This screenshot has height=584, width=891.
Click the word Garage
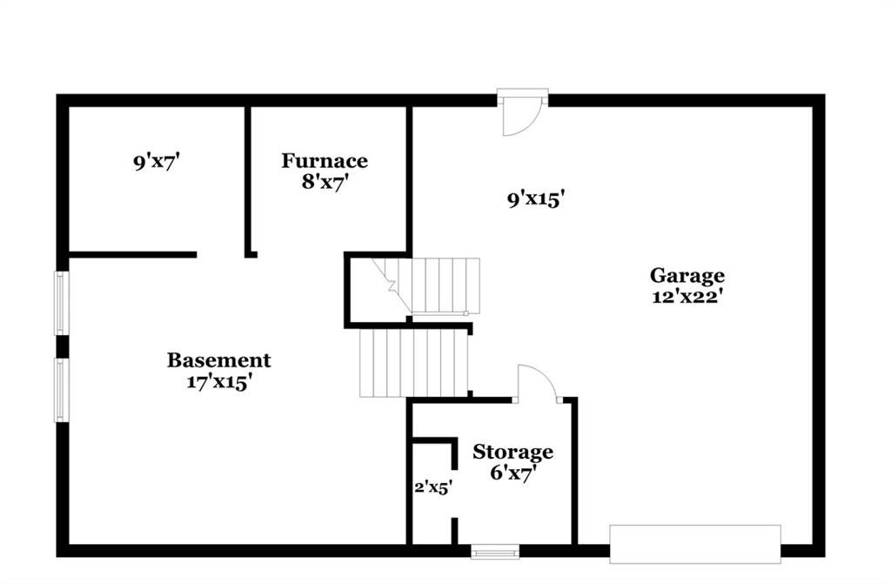(687, 276)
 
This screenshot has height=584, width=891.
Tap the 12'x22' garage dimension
(687, 297)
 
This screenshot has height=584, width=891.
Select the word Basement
(218, 360)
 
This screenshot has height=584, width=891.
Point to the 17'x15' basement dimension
(219, 381)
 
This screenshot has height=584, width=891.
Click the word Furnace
(325, 161)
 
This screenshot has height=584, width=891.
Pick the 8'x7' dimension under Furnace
(325, 183)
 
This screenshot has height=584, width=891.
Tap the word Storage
(512, 452)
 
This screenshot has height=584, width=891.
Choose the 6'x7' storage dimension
(513, 473)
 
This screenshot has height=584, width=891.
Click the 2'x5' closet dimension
(433, 487)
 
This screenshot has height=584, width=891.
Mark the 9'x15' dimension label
(535, 199)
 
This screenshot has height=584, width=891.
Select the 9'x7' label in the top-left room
(157, 164)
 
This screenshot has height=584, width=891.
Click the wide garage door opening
(695, 544)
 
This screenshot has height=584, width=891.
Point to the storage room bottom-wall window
(495, 552)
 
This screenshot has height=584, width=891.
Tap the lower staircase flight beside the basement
(413, 364)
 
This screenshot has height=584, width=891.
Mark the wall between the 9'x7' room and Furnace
(248, 182)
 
